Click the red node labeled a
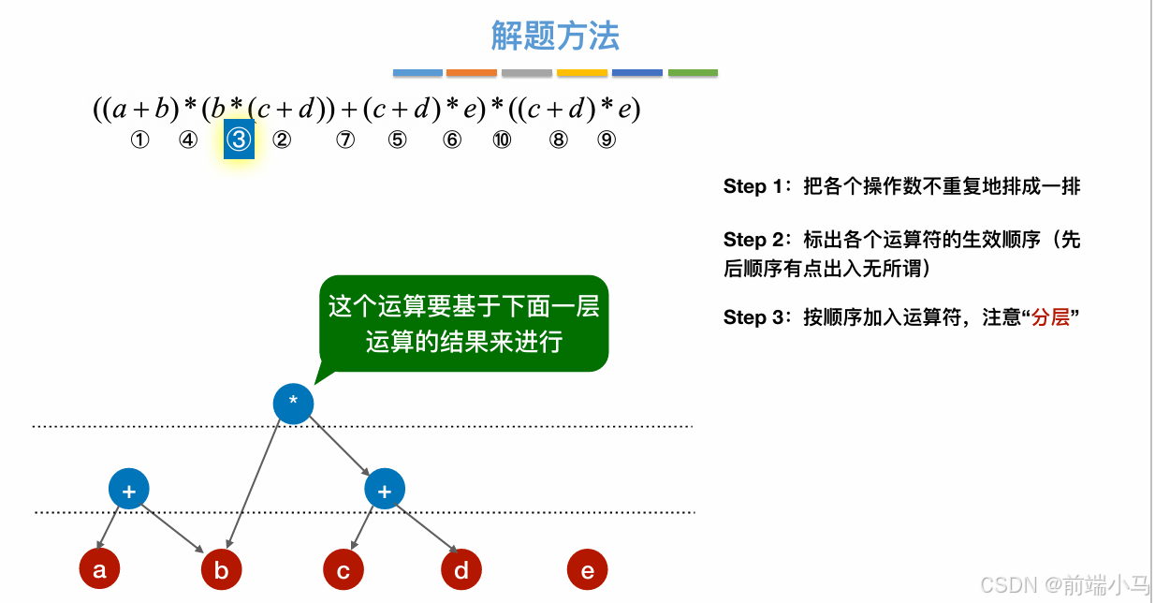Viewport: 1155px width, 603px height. [x=99, y=569]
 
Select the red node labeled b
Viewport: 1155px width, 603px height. [x=222, y=569]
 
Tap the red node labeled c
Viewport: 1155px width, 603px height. [x=344, y=569]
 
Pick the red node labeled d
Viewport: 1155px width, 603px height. [x=461, y=569]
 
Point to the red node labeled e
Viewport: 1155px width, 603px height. [x=588, y=569]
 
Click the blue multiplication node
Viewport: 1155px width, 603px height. [x=293, y=404]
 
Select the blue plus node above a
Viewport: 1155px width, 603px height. [x=129, y=490]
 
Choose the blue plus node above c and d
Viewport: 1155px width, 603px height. [x=384, y=490]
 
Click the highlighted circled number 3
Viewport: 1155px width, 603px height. [x=240, y=140]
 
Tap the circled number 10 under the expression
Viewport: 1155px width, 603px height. [x=503, y=140]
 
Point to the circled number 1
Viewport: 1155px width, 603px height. [x=139, y=140]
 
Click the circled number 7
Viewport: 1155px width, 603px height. [x=345, y=140]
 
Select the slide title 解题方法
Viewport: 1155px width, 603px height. [x=555, y=37]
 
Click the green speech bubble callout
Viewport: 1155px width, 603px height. [x=463, y=323]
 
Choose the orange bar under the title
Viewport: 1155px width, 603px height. [x=472, y=73]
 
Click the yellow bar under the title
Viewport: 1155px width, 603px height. [x=582, y=73]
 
